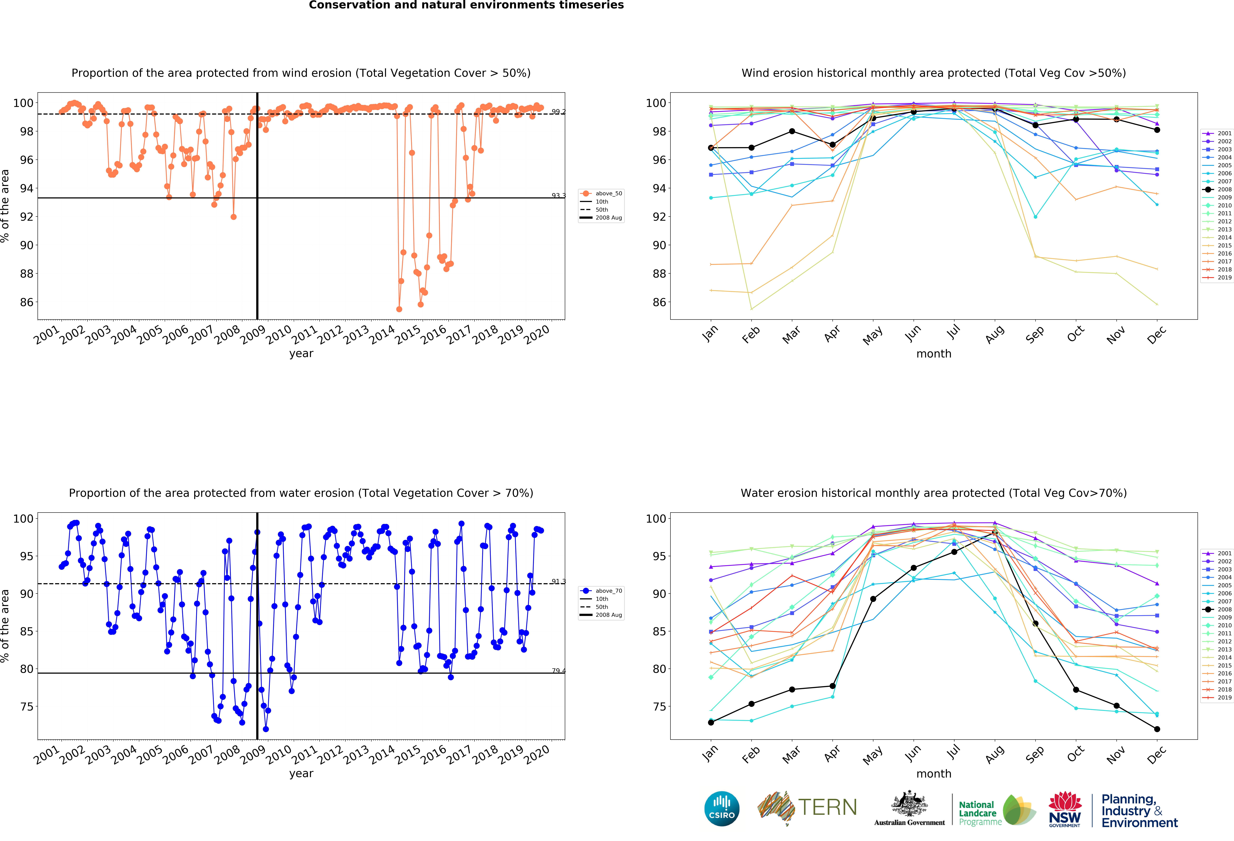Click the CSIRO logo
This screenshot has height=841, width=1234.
point(722,809)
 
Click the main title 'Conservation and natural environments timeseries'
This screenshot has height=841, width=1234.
point(466,5)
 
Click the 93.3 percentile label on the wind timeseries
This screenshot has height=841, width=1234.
point(558,195)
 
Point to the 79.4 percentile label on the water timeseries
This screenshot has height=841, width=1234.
point(558,671)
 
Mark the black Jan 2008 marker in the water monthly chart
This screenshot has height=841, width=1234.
point(711,722)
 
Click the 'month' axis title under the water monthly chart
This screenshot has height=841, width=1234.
point(933,774)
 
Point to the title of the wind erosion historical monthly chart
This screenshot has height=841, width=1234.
point(933,73)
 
